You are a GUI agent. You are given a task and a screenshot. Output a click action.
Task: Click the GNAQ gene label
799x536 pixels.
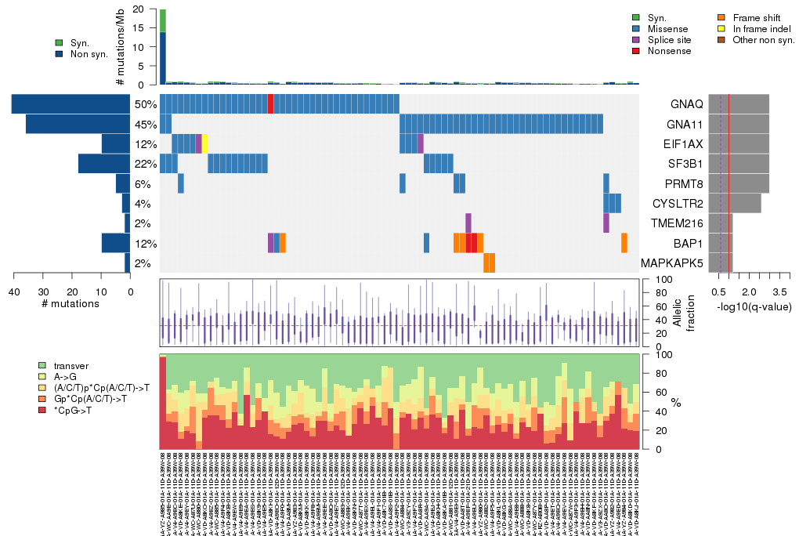tap(686, 104)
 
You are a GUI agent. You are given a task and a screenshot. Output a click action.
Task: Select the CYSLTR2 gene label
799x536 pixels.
tap(676, 204)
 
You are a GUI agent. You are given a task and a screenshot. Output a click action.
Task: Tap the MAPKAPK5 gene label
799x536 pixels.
tap(671, 263)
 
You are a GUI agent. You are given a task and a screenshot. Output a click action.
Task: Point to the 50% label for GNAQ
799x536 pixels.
tap(145, 104)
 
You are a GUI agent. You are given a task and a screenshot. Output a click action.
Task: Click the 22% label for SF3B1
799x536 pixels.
tap(145, 164)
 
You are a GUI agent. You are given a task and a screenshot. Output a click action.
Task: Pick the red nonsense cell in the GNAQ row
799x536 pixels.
tap(270, 104)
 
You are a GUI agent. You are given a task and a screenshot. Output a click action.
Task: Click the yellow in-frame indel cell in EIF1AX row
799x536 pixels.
tap(204, 144)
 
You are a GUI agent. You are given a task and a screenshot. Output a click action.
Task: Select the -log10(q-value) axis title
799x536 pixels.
tap(754, 306)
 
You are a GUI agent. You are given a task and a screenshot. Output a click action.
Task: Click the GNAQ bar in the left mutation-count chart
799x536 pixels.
tap(70, 104)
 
